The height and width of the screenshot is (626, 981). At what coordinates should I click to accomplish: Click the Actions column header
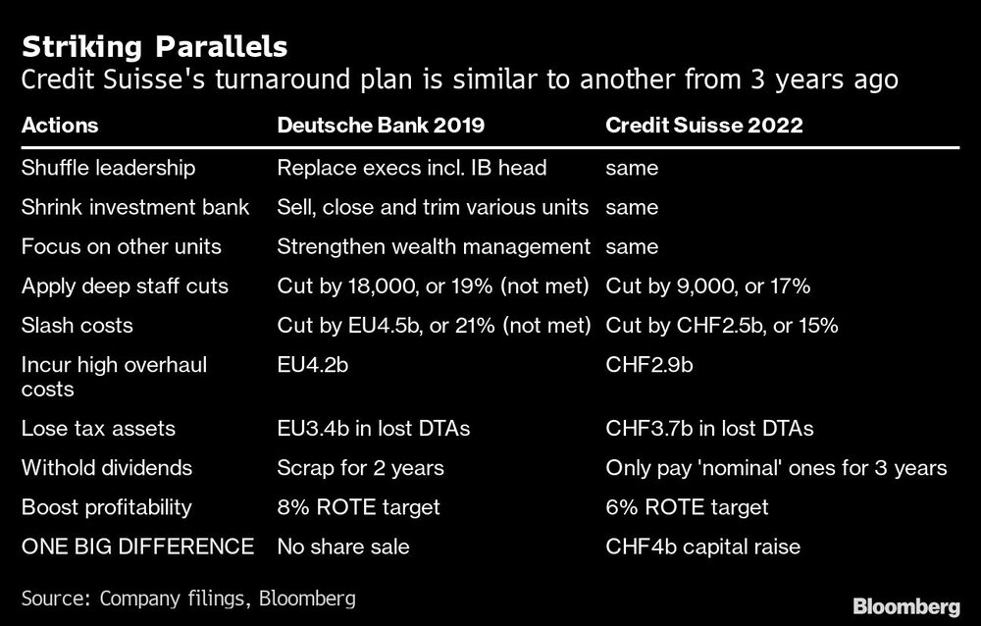[60, 127]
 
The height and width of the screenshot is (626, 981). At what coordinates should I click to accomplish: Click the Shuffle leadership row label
[108, 168]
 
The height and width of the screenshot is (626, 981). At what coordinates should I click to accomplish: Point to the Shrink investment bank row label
[135, 208]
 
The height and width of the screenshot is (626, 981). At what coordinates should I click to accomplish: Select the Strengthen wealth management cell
[435, 247]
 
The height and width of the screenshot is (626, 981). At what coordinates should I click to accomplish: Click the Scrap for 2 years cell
[359, 468]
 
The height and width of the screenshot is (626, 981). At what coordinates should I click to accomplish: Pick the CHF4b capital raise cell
[702, 547]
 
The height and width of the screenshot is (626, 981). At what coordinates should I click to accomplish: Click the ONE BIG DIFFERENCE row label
[137, 547]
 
